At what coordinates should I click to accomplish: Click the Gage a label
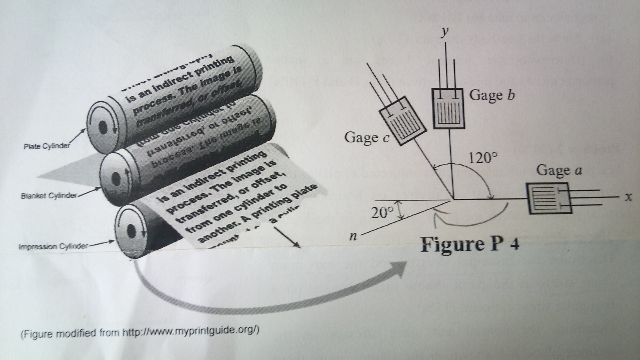click(x=559, y=171)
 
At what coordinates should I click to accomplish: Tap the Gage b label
click(x=492, y=95)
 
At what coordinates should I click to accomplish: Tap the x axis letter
click(x=628, y=198)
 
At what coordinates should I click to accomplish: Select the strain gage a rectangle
click(x=549, y=198)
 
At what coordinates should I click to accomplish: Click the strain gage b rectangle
click(x=449, y=108)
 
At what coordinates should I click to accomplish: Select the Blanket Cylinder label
click(x=49, y=195)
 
